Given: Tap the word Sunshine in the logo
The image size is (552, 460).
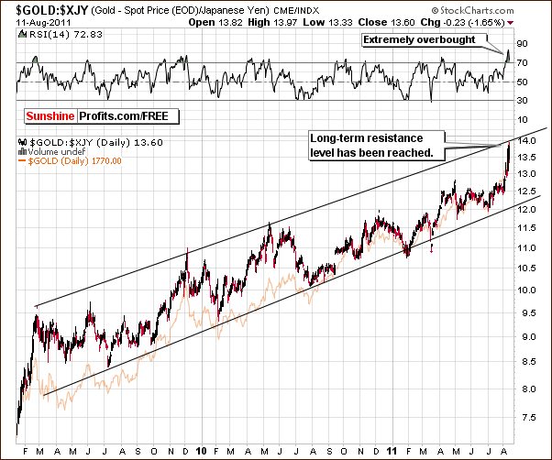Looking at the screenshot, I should pos(50,116).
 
